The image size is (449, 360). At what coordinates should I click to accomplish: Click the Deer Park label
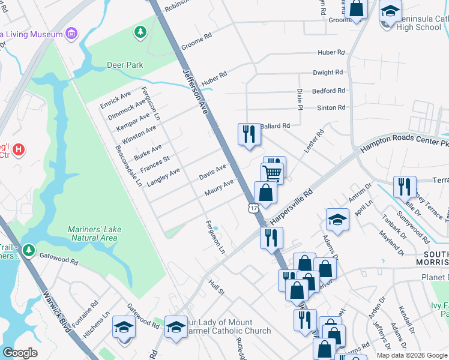[125, 65]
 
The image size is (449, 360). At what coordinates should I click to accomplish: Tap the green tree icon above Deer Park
[140, 31]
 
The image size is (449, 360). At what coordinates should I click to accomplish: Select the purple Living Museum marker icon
[71, 32]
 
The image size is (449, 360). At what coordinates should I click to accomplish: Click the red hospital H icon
[19, 148]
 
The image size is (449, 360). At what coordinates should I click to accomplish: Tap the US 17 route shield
[255, 208]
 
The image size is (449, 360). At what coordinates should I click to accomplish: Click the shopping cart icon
[272, 173]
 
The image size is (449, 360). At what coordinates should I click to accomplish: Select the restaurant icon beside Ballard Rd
[249, 134]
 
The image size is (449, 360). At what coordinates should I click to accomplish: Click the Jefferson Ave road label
[195, 91]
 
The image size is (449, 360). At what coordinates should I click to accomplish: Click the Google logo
[19, 353]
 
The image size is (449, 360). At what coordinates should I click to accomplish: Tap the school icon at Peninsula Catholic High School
[390, 11]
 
